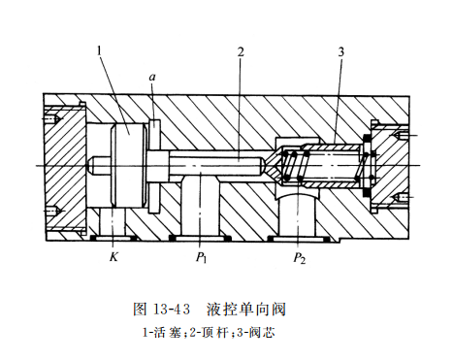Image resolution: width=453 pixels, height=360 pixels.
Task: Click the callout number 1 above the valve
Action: pos(100,51)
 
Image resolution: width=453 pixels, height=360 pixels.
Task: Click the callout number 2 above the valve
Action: pos(240,51)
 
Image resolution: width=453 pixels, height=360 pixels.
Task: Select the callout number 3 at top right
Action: pos(341,51)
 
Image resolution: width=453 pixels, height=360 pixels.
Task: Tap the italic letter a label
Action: pos(152,77)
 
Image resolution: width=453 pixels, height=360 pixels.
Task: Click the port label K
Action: pos(113,256)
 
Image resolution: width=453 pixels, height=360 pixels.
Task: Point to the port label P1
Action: pos(201,257)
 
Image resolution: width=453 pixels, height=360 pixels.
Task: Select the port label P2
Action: pos(299,258)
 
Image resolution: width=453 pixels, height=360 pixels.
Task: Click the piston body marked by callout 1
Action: pos(129,165)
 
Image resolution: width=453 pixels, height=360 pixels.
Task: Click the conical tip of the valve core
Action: pos(274,165)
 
